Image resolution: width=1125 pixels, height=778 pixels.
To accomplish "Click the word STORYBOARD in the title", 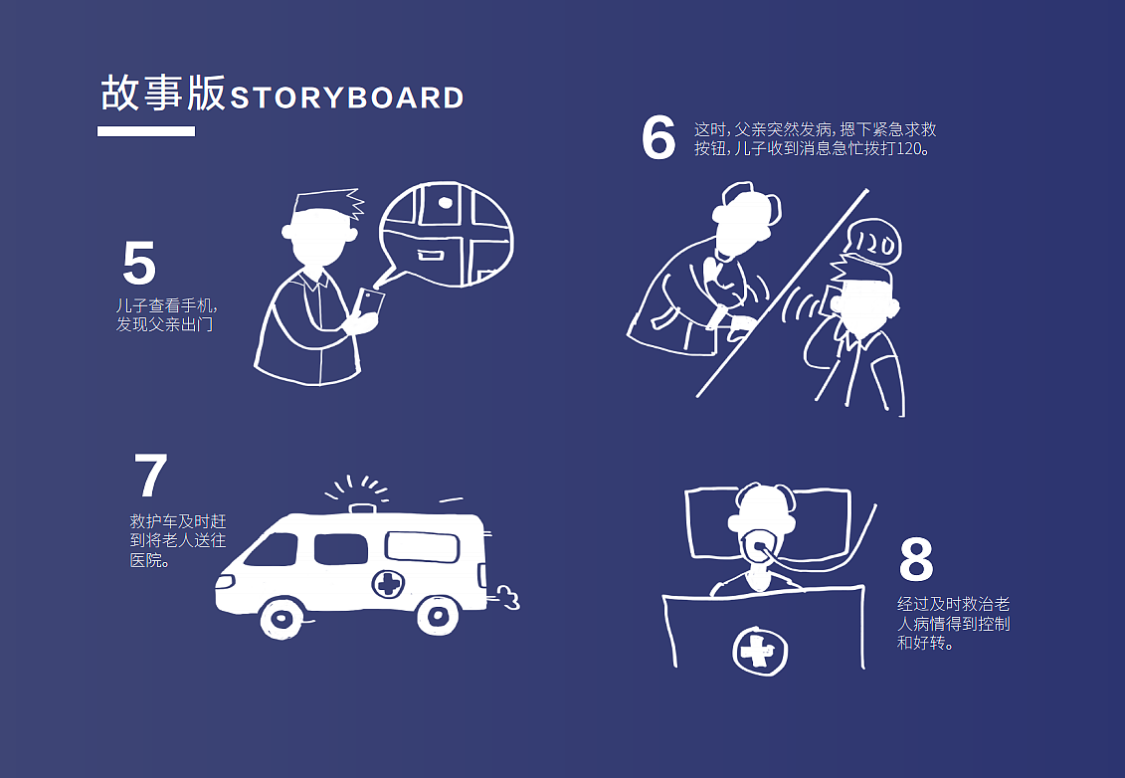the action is (347, 98).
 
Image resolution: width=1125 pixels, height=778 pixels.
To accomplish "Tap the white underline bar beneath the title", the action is (146, 131).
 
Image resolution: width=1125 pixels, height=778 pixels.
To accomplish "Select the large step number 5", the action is (139, 264).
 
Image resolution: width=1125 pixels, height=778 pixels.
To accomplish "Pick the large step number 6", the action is (658, 138).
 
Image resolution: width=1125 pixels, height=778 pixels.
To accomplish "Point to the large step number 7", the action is (150, 476).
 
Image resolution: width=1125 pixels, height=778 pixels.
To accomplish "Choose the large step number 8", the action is (916, 559).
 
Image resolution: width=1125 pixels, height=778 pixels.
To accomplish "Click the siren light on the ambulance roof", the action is (362, 508).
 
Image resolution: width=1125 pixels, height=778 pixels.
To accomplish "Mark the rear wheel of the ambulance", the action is (437, 615).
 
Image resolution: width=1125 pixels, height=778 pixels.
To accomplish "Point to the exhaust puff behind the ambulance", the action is (506, 598).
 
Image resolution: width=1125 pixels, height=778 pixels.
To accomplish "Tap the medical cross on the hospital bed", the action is (760, 651).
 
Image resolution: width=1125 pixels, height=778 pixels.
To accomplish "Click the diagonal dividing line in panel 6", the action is (783, 292).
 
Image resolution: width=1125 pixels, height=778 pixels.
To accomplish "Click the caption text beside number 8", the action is (954, 624).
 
